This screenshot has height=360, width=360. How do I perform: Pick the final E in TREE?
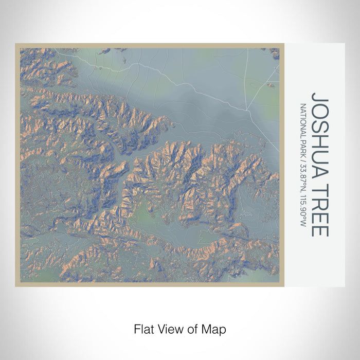(x=319, y=232)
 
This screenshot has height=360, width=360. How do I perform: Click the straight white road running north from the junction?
(x=247, y=77)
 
